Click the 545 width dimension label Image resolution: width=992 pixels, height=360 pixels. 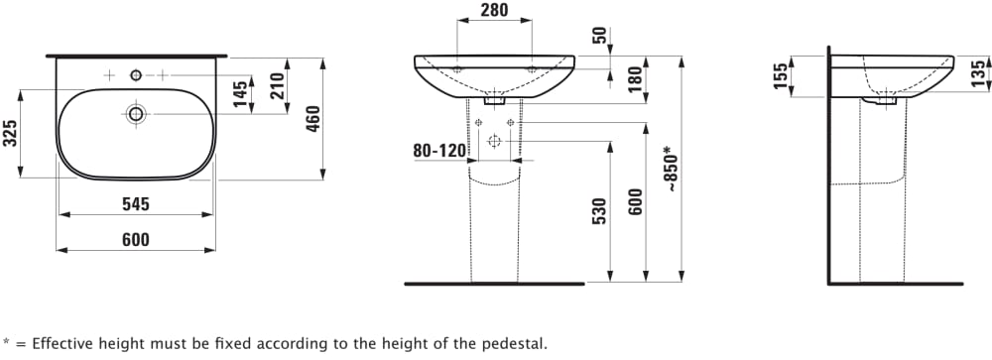(135, 204)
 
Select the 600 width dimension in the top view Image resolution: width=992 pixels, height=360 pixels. (135, 240)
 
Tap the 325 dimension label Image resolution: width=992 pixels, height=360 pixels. (10, 134)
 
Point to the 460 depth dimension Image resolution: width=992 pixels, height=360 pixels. (313, 118)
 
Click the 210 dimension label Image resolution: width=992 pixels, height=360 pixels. (277, 86)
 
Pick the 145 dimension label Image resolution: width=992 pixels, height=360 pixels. (241, 94)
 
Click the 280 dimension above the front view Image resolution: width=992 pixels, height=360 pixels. (494, 10)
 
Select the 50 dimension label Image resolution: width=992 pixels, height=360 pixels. (600, 35)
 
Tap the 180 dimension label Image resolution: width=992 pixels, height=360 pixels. (637, 79)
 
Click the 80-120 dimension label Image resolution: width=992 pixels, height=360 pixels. (439, 151)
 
